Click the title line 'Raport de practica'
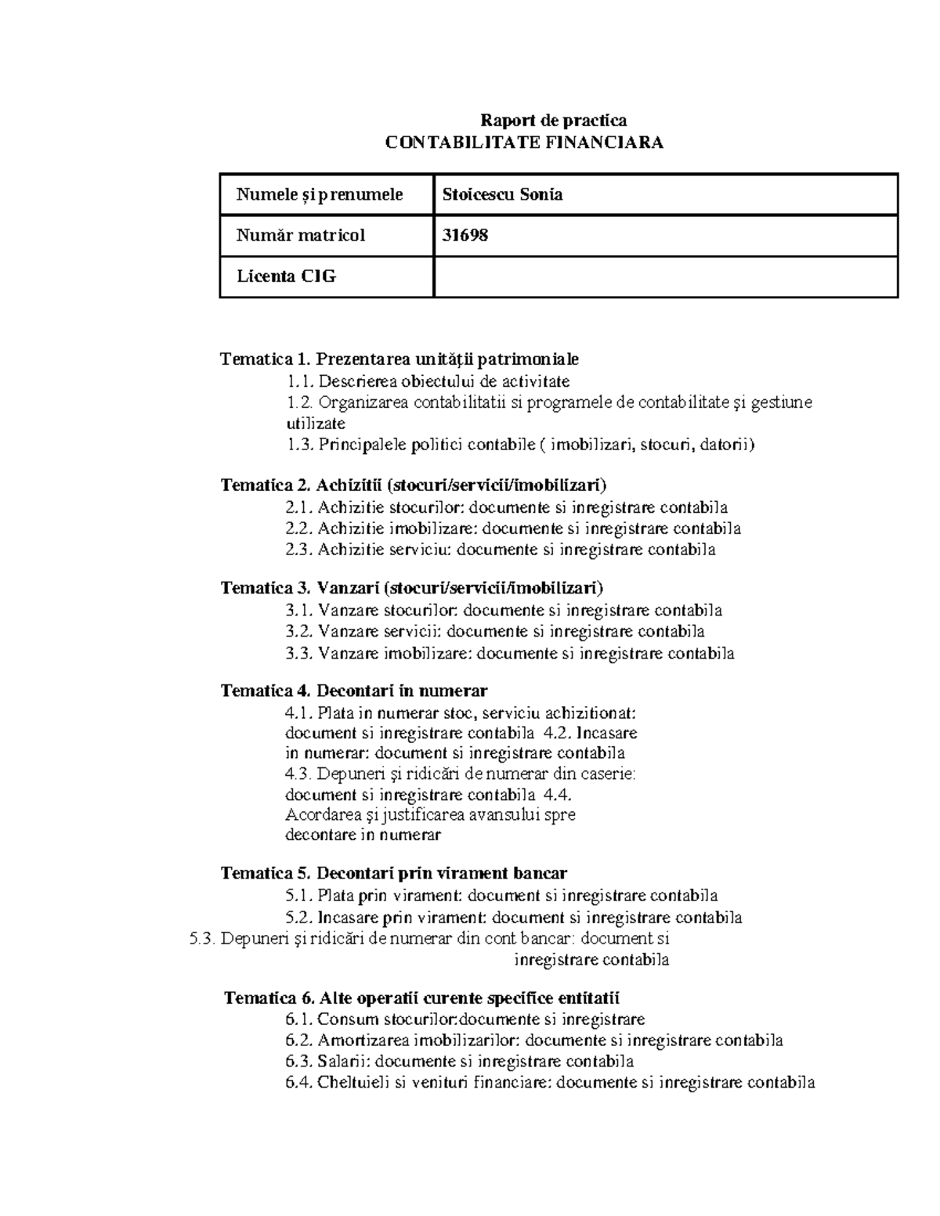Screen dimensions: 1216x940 click(x=553, y=121)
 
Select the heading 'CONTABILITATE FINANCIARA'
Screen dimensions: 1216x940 click(x=525, y=143)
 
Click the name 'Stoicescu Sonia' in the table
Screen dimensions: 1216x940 click(x=502, y=195)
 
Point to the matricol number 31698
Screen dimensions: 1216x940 click(x=465, y=235)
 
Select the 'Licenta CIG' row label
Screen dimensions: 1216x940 click(x=286, y=276)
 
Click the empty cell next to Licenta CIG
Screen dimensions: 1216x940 click(x=665, y=276)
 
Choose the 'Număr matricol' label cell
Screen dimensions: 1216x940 click(x=301, y=235)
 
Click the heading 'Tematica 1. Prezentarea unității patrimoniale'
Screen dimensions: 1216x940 click(x=399, y=359)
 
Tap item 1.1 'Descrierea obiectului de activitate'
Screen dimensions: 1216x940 click(x=428, y=381)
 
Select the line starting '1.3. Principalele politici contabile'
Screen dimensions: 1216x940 click(x=520, y=446)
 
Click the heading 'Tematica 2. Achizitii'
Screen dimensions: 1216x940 click(x=414, y=485)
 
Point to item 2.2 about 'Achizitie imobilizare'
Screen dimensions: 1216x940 click(x=513, y=529)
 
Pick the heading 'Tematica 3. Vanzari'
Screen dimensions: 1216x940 click(x=412, y=588)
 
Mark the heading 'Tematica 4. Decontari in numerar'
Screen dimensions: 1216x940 click(x=354, y=691)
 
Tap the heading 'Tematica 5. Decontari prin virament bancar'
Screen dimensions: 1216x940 click(x=394, y=873)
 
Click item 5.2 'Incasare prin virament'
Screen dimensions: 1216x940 click(x=514, y=917)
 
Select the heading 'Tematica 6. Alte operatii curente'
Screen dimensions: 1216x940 click(x=421, y=998)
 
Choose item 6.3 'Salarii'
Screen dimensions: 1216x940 click(x=460, y=1062)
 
